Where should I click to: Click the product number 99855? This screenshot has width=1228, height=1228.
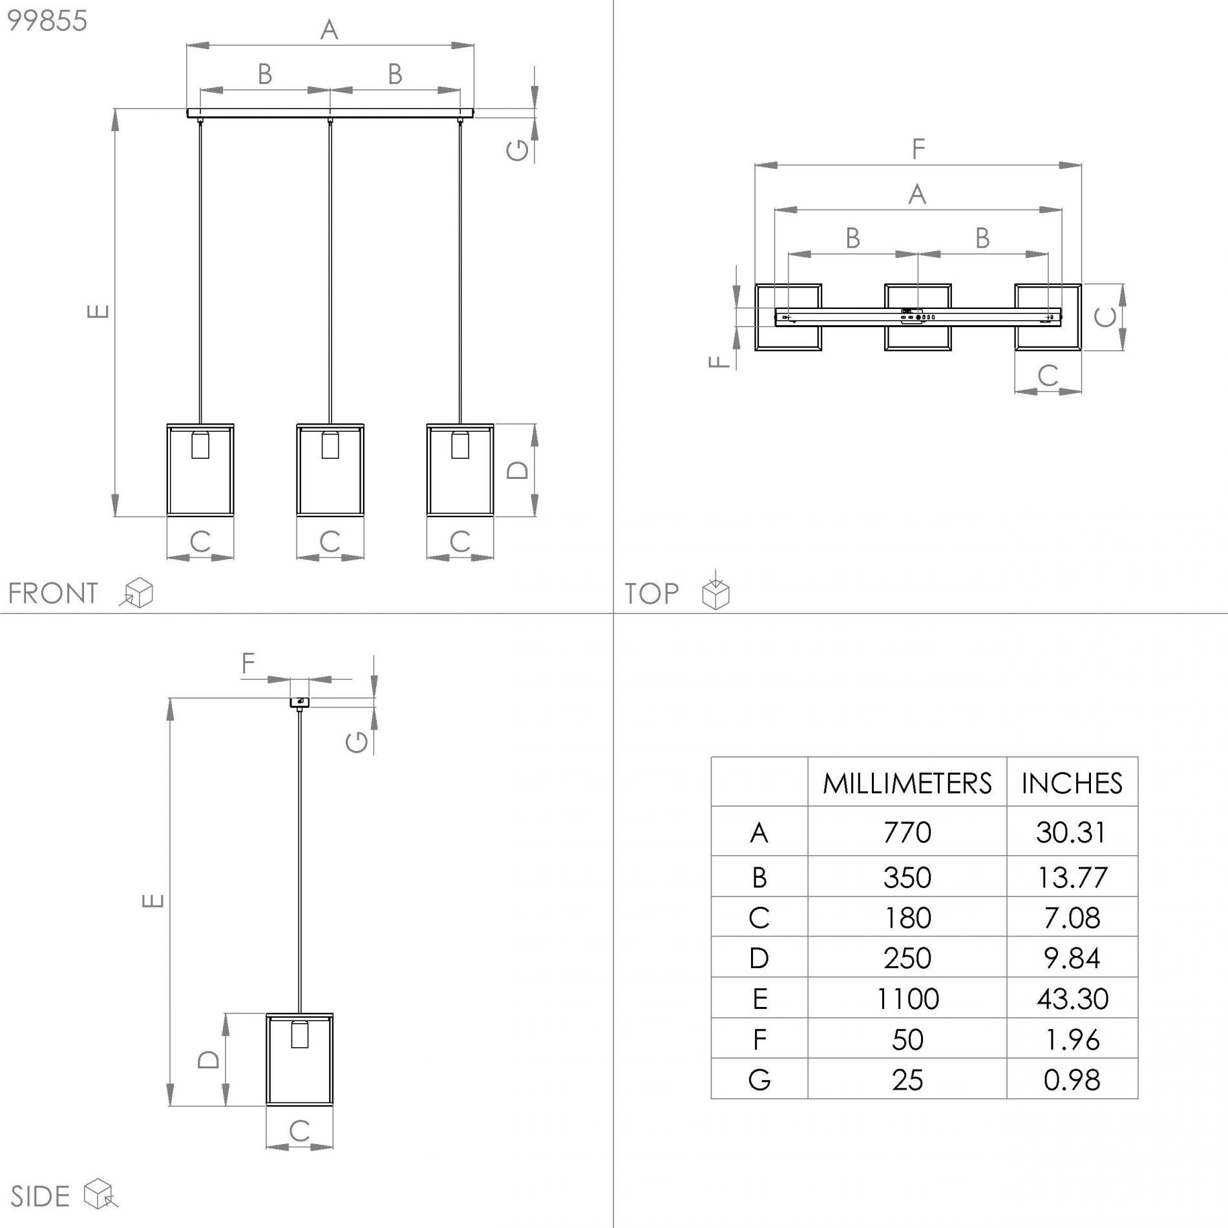pos(47,21)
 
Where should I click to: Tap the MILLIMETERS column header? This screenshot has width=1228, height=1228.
pos(907,783)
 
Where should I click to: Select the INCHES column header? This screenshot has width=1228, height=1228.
pos(1072,783)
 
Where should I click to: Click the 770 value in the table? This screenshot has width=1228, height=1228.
pos(907,832)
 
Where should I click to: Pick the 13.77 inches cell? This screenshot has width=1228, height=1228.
pos(1072,877)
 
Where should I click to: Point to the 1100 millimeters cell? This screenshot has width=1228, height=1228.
pos(907,999)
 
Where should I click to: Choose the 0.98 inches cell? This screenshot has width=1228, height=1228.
pos(1072,1080)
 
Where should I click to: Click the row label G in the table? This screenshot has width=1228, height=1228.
pos(759,1080)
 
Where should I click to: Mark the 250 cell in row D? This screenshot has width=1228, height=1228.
pos(907,958)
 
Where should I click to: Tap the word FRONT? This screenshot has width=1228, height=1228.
pos(52,593)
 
